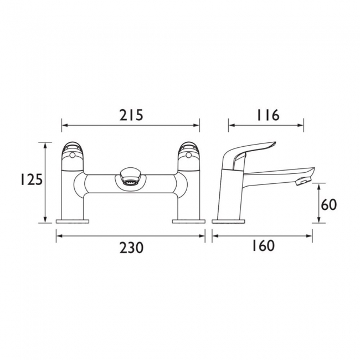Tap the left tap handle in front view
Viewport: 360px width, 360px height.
[x=73, y=152]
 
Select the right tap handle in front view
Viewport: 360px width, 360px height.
[x=188, y=152]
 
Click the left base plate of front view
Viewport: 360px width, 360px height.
[x=73, y=222]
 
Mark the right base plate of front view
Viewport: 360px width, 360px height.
[x=188, y=222]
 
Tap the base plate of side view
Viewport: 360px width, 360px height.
[x=229, y=222]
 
